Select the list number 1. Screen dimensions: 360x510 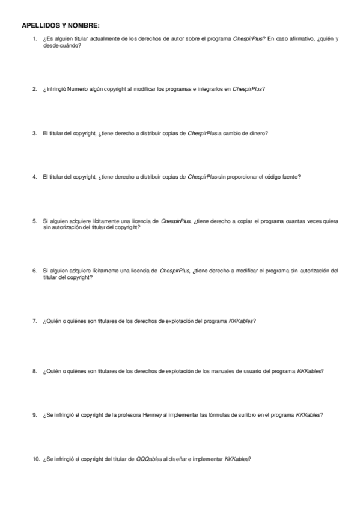pyautogui.click(x=35, y=39)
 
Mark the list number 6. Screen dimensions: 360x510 pyautogui.click(x=35, y=271)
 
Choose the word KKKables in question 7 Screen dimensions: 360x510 pyautogui.click(x=242, y=321)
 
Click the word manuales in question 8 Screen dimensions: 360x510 pyautogui.click(x=222, y=370)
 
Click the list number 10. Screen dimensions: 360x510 pyautogui.click(x=35, y=459)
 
